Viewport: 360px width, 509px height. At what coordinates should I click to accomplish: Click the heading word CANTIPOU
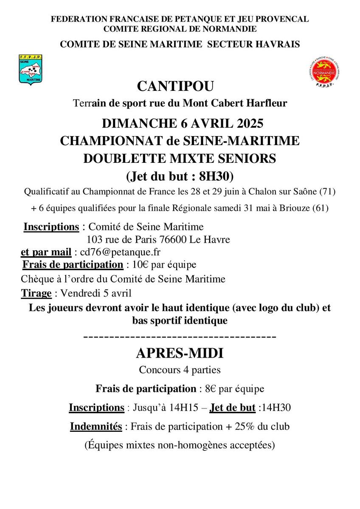coord(175,87)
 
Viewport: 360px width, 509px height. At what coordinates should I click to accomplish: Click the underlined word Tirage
coord(37,293)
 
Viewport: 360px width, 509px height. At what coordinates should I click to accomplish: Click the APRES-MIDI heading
coord(180,353)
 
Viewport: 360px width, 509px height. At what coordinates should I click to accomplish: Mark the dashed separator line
coord(180,337)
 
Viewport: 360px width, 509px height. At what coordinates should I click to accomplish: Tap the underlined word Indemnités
coord(96,426)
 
